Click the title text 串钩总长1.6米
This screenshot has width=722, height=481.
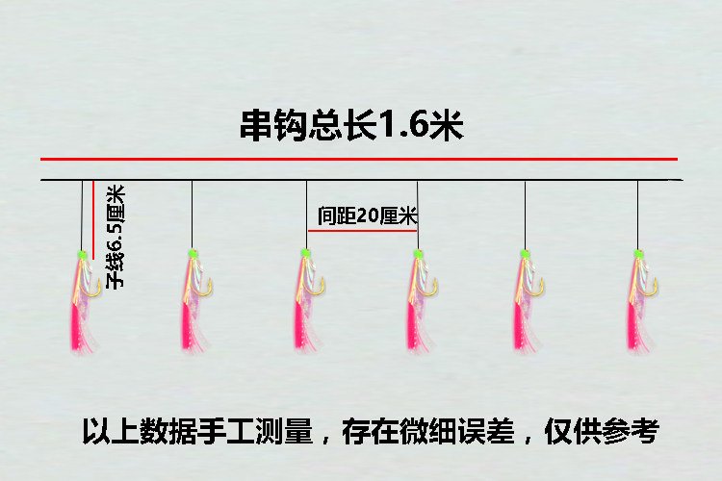coord(351,126)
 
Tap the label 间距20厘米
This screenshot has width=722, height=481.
coord(367,216)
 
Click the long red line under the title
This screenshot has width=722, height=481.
coord(358,159)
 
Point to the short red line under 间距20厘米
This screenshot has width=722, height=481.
coord(362,231)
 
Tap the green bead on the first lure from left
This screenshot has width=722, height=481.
coord(81,255)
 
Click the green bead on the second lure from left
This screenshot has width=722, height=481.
coord(193,254)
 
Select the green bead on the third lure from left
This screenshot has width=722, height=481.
coord(305,253)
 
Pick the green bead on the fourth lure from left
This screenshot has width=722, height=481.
coord(418,254)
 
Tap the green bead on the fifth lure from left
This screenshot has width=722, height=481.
coord(525,253)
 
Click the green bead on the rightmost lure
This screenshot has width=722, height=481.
coord(637,254)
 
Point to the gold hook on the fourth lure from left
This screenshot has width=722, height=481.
coord(431,286)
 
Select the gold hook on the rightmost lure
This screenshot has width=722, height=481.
coord(652,286)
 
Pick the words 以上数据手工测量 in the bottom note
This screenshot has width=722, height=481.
coord(197,432)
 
